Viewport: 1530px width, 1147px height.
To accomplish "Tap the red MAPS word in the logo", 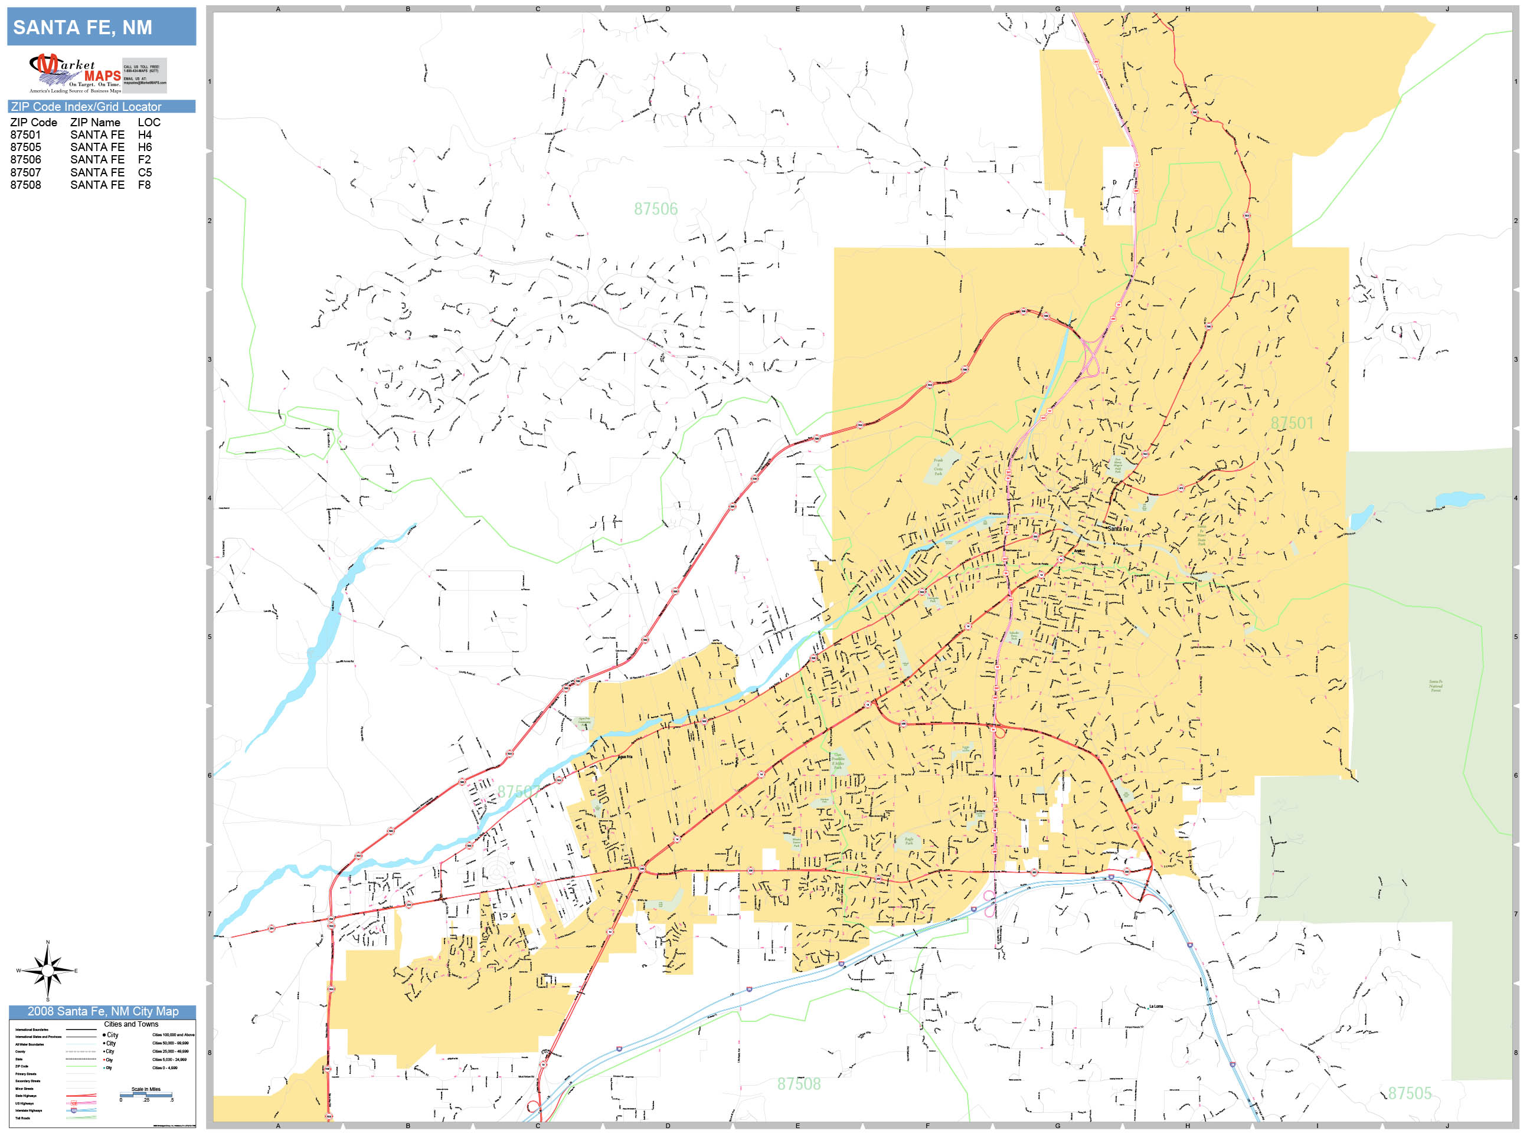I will click(102, 76).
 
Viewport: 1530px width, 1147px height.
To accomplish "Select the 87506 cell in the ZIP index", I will click(25, 160).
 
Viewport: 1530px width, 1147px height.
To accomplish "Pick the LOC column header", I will click(149, 122).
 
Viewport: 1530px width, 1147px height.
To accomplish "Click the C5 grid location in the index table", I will click(145, 172).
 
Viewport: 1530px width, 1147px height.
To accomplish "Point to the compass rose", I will click(47, 971).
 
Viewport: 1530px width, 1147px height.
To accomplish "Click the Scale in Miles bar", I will click(146, 1094).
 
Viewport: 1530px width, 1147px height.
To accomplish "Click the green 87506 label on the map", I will click(656, 209).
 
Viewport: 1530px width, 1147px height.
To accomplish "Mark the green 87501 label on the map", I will click(1292, 422).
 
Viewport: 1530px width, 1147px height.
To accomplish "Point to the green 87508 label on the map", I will click(798, 1083).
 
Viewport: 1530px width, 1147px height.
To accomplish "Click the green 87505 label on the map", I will click(1409, 1093).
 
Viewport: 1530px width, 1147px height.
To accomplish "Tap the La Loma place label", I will click(1156, 1007).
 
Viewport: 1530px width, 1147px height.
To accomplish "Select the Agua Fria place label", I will click(625, 757).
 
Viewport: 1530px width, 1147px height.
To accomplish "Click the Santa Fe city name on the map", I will click(1118, 529).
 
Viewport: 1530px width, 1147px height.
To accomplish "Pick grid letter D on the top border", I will click(668, 9).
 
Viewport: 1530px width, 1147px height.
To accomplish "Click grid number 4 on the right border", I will click(1515, 498).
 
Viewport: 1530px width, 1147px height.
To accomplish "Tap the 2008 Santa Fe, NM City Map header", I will click(102, 1011).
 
